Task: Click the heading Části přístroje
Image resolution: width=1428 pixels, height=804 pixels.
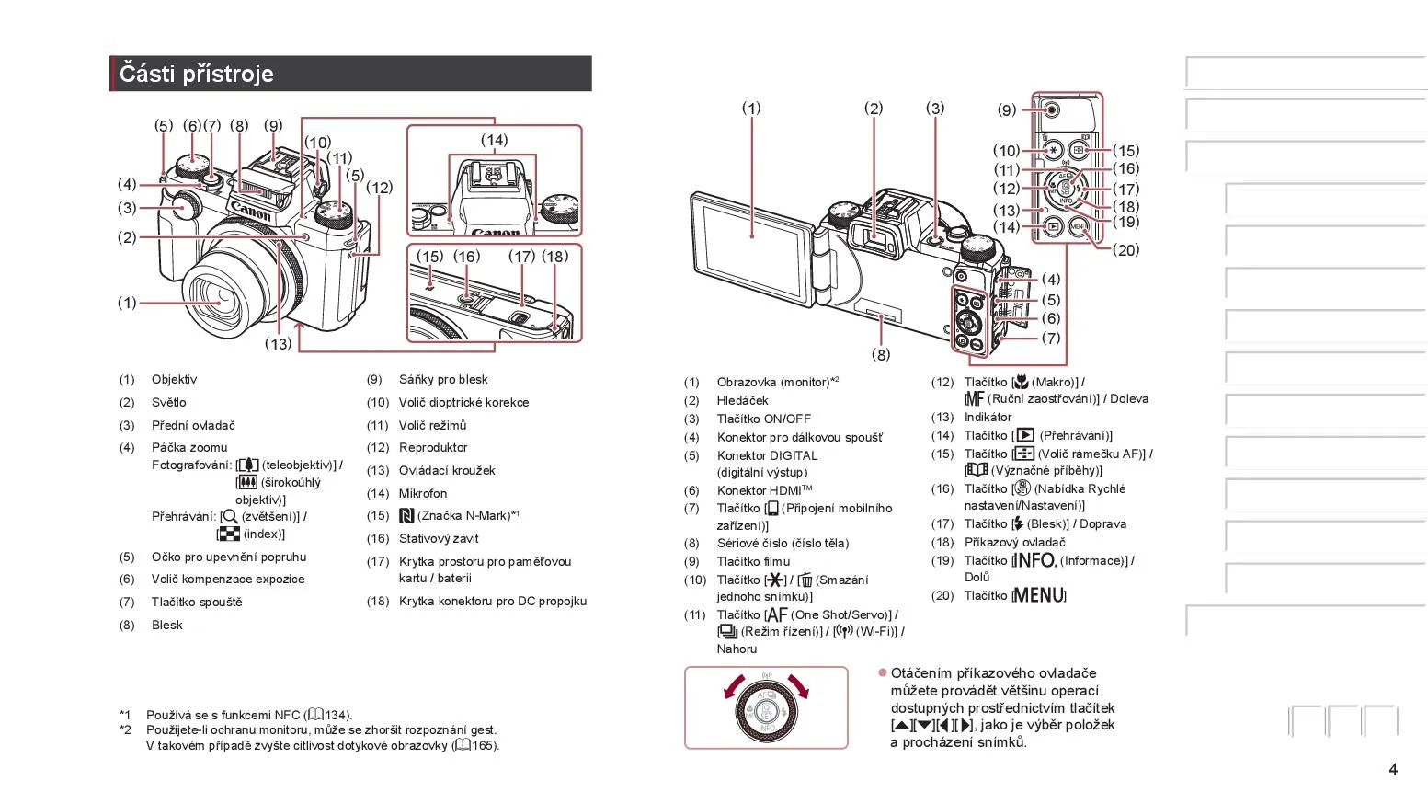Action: (197, 74)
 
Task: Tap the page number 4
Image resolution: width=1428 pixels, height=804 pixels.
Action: (1393, 769)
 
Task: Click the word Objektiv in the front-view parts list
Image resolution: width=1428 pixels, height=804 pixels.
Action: (174, 379)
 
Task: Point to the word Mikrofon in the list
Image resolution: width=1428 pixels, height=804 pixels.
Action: (423, 493)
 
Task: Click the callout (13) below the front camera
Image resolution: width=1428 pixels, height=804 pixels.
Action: (278, 344)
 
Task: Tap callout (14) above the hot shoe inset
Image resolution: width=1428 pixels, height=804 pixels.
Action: (494, 141)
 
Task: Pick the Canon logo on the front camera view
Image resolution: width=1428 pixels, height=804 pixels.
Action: (250, 212)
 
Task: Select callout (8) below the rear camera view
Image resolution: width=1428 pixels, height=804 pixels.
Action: (881, 354)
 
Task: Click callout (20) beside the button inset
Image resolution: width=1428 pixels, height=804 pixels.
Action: (1125, 249)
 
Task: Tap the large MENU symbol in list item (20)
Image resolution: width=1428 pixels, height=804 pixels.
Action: (1039, 595)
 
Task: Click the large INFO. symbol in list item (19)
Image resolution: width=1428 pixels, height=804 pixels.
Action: (1034, 560)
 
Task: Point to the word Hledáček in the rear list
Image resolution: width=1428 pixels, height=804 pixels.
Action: (742, 400)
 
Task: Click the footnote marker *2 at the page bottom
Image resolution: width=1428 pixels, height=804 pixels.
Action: (125, 729)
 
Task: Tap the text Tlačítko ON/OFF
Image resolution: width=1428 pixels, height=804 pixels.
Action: (763, 419)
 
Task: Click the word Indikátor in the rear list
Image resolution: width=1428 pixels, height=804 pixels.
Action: (988, 417)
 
